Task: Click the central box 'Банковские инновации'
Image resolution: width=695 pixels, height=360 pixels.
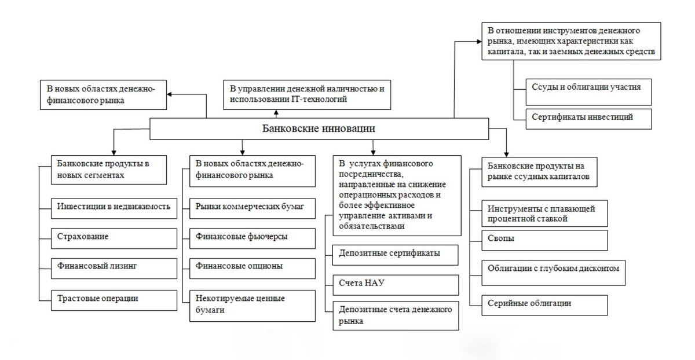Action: coord(320,128)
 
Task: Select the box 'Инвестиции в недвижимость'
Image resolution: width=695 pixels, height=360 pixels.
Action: coord(114,207)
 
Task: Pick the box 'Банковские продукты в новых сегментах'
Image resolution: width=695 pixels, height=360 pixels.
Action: coord(109,168)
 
